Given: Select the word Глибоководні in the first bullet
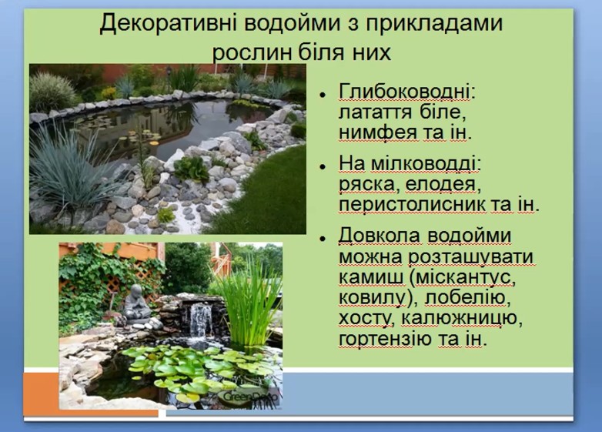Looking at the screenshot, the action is pyautogui.click(x=406, y=92).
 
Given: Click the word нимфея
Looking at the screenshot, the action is pyautogui.click(x=378, y=132).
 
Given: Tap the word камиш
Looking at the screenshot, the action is pyautogui.click(x=371, y=276).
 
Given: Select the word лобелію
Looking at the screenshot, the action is pyautogui.click(x=468, y=297).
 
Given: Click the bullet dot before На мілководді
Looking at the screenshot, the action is pyautogui.click(x=323, y=166).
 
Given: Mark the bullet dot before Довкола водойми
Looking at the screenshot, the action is pyautogui.click(x=323, y=239).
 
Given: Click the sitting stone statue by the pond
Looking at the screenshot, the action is pyautogui.click(x=136, y=305).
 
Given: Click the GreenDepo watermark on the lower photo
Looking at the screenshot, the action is pyautogui.click(x=249, y=397).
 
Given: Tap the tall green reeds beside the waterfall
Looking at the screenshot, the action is pyautogui.click(x=249, y=303).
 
